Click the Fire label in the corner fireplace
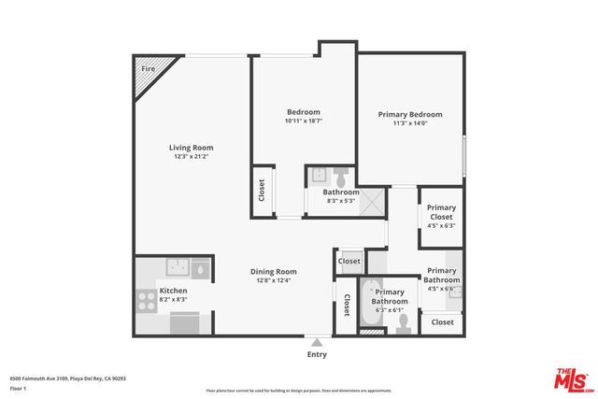(x=148, y=69)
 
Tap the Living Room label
(x=191, y=148)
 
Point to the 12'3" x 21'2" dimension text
(x=191, y=157)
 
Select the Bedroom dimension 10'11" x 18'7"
(x=303, y=121)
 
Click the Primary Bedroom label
(x=409, y=114)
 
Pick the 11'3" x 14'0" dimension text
(x=409, y=122)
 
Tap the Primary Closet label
(x=441, y=212)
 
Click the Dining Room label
(x=273, y=271)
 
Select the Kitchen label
(x=173, y=292)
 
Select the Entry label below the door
(x=318, y=354)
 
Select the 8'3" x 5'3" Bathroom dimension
(x=340, y=201)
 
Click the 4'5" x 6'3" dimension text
(x=441, y=225)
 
